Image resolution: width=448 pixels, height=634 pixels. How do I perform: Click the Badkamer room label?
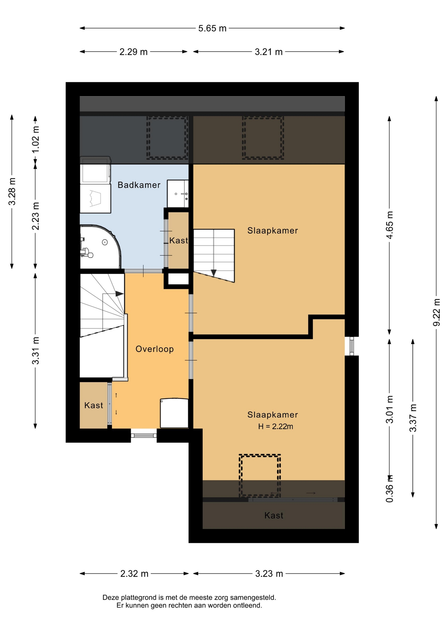[139, 185]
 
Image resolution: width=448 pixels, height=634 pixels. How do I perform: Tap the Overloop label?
[154, 349]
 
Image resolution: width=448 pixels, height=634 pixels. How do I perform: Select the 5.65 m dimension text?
[212, 28]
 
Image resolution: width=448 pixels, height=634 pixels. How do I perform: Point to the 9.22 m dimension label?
[436, 312]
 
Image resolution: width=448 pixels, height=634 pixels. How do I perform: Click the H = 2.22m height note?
[275, 426]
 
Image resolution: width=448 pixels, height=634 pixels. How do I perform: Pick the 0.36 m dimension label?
[390, 489]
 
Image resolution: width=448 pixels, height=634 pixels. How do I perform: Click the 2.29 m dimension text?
[133, 52]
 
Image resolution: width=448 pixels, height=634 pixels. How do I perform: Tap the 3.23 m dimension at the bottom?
[269, 574]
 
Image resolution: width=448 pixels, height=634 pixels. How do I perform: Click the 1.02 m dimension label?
[36, 139]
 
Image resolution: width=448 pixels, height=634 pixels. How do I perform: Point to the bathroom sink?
[178, 194]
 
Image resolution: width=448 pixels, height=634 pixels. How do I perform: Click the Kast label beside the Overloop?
[94, 405]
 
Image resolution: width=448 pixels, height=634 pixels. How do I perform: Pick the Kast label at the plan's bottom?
[274, 515]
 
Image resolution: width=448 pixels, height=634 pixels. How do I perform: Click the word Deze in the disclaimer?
[110, 597]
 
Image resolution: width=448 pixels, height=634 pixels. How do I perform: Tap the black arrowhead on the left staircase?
[119, 294]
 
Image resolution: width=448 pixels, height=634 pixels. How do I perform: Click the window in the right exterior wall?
[352, 346]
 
